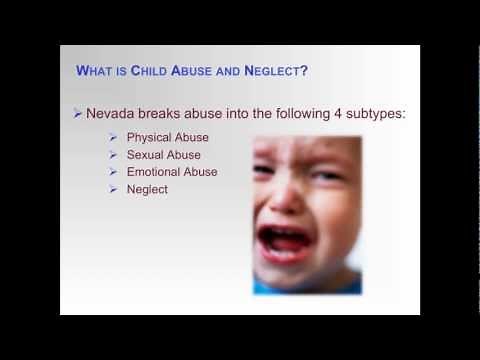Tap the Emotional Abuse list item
tap(172, 171)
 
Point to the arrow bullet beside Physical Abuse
tap(115, 137)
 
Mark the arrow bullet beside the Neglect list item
tap(115, 188)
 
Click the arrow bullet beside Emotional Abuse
tap(115, 171)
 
